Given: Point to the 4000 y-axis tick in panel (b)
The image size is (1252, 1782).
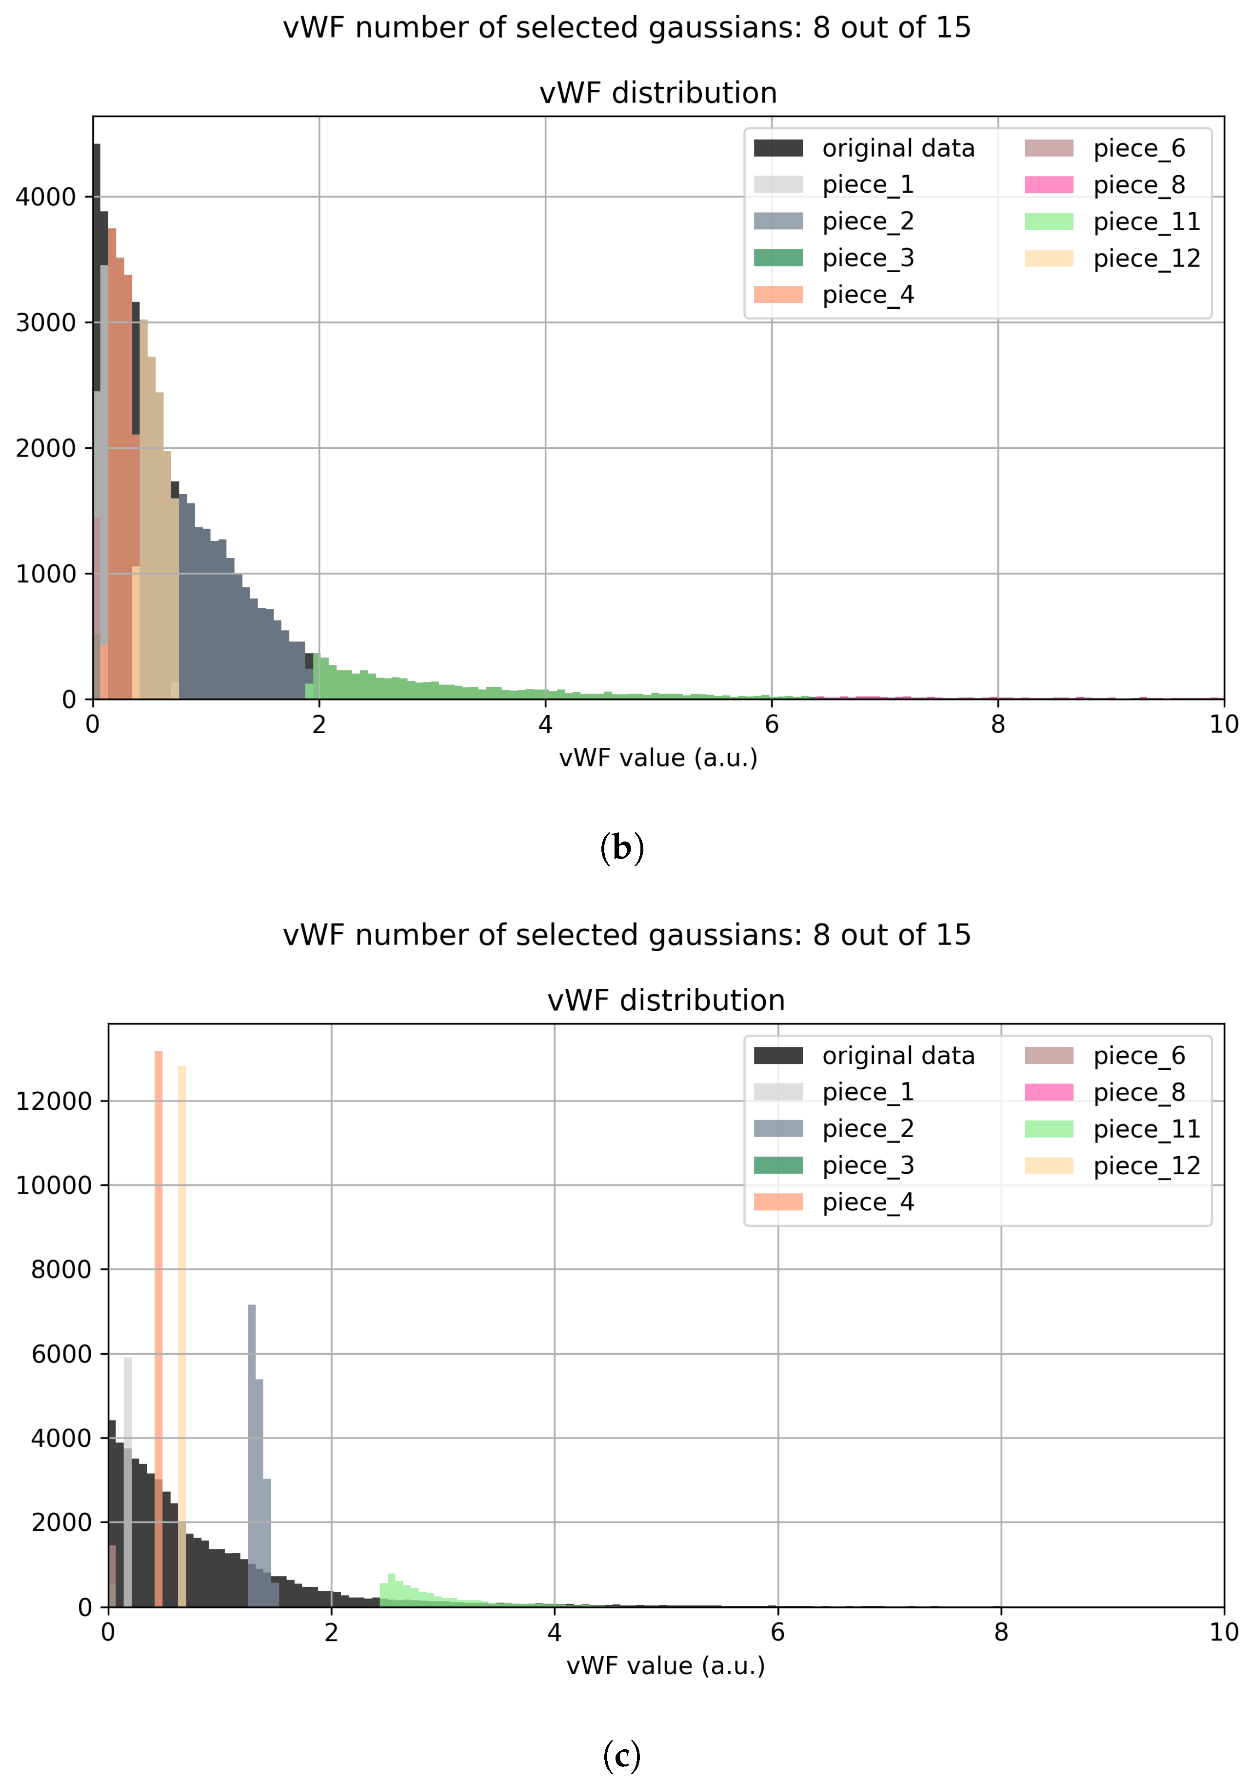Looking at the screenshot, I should tap(46, 197).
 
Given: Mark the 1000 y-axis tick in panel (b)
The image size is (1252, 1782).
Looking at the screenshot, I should tap(46, 574).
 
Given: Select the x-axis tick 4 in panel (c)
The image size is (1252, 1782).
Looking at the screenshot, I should tap(554, 1632).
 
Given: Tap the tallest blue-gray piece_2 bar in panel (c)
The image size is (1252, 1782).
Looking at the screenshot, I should tap(252, 1436).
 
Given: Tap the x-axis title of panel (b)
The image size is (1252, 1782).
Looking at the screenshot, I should tap(658, 758).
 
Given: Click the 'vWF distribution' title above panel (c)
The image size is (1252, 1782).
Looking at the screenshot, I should tap(666, 1001).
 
